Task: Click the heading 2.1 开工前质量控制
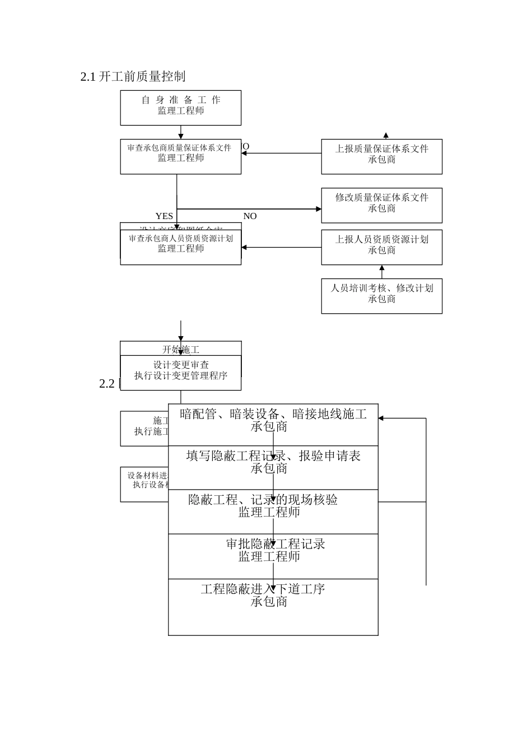[x=133, y=77]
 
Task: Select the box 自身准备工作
[x=180, y=107]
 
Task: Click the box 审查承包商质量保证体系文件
[x=180, y=156]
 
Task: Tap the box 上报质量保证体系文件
[x=381, y=156]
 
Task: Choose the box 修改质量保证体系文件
[x=381, y=205]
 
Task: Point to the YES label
[x=164, y=216]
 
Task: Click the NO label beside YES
[x=250, y=216]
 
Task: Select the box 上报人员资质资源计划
[x=381, y=247]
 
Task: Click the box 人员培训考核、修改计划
[x=381, y=296]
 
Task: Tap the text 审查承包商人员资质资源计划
[x=180, y=239]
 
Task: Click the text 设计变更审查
[x=180, y=365]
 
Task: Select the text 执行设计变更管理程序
[x=180, y=375]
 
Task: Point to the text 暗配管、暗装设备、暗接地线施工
[x=273, y=414]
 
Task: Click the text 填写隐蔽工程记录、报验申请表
[x=273, y=456]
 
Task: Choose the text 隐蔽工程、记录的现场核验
[x=263, y=500]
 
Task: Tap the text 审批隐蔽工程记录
[x=276, y=544]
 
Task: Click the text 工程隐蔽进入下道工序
[x=263, y=589]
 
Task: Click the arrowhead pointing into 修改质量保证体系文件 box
[x=319, y=209]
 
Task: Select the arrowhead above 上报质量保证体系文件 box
[x=386, y=136]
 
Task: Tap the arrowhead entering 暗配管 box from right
[x=381, y=418]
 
